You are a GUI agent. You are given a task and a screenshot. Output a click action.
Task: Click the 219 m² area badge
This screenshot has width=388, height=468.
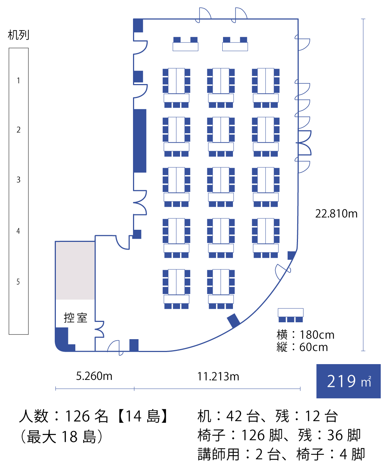348,381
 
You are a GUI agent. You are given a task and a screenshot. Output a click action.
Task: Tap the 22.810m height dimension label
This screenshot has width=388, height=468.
336,214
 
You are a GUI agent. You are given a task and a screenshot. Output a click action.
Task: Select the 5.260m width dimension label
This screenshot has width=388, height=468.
94,376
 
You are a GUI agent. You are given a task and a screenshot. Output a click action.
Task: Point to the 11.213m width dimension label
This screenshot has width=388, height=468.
218,377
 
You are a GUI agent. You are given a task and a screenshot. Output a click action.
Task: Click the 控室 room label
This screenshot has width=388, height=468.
75,318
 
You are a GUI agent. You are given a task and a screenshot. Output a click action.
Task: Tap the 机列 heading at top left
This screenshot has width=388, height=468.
18,35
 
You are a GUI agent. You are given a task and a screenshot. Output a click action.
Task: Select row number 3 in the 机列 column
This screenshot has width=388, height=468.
18,180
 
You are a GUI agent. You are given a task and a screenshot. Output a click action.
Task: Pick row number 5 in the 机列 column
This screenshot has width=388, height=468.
18,282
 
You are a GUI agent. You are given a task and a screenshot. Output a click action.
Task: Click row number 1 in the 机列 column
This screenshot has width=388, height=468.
18,80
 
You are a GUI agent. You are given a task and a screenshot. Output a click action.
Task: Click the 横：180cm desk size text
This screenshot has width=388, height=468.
306,335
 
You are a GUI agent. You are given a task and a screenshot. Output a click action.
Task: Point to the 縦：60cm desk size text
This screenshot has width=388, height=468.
302,347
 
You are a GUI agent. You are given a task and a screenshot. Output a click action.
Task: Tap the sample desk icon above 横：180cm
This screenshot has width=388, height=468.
291,315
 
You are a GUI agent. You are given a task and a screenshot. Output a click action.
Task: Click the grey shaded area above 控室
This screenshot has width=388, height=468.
75,270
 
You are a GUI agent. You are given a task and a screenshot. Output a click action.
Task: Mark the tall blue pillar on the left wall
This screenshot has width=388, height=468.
140,141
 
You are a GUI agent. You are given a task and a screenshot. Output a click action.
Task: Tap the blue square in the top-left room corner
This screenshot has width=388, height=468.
138,26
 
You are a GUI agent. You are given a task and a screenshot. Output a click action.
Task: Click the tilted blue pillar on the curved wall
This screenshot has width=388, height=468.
234,321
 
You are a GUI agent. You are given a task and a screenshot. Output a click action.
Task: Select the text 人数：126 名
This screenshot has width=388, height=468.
64,416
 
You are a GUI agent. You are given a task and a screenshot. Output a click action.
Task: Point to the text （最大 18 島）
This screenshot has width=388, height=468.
61,437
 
